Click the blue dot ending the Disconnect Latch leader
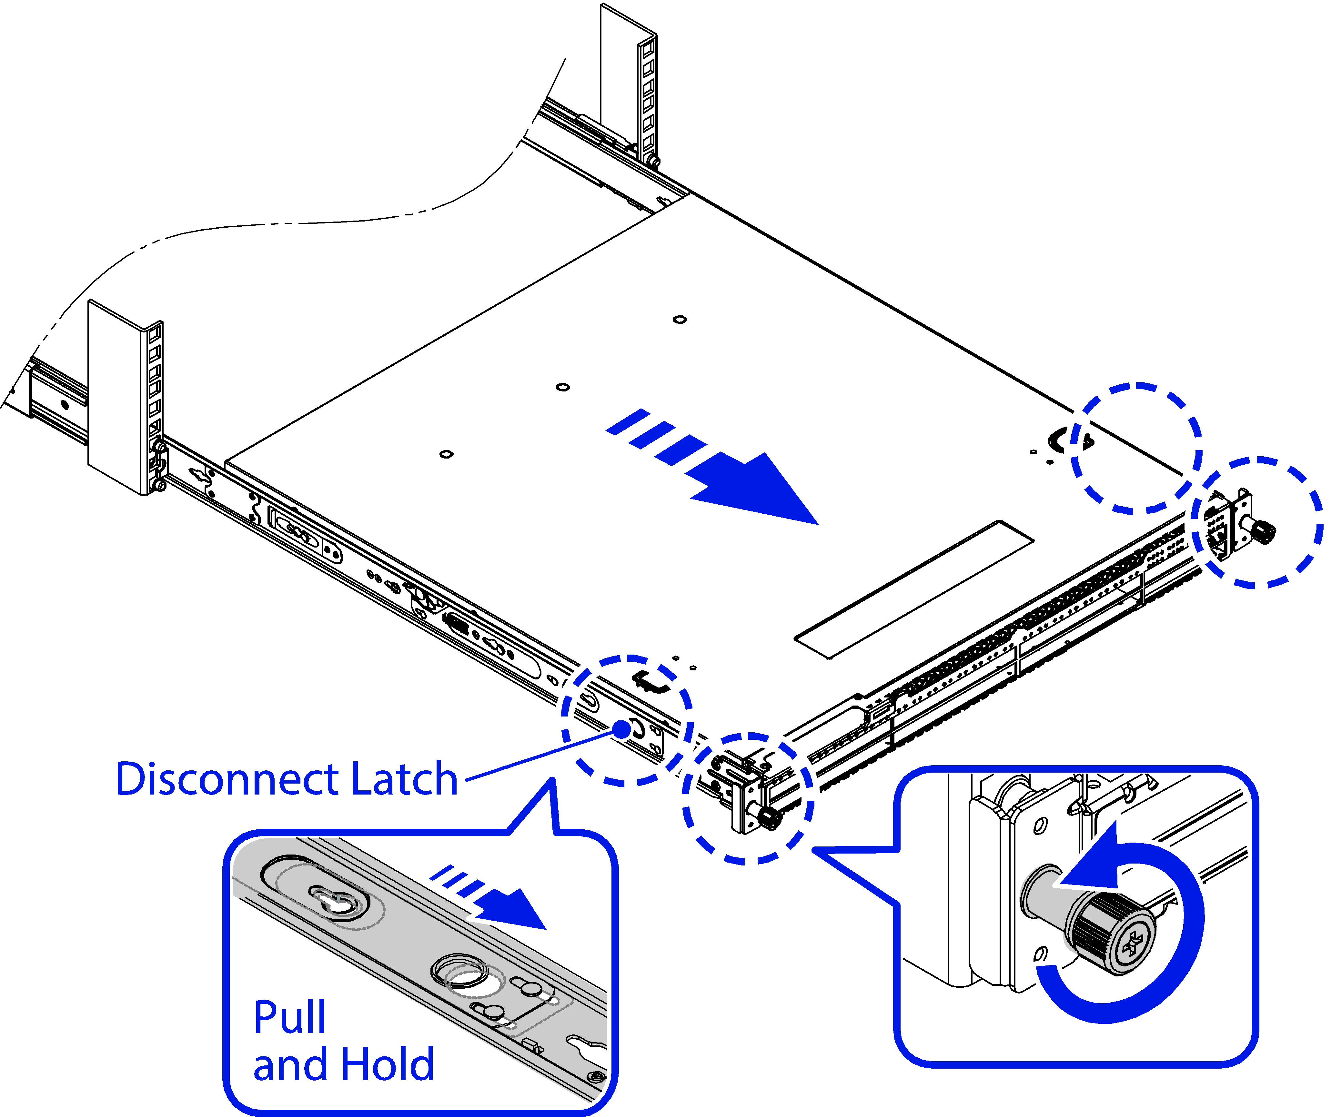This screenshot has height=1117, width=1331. click(x=622, y=729)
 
